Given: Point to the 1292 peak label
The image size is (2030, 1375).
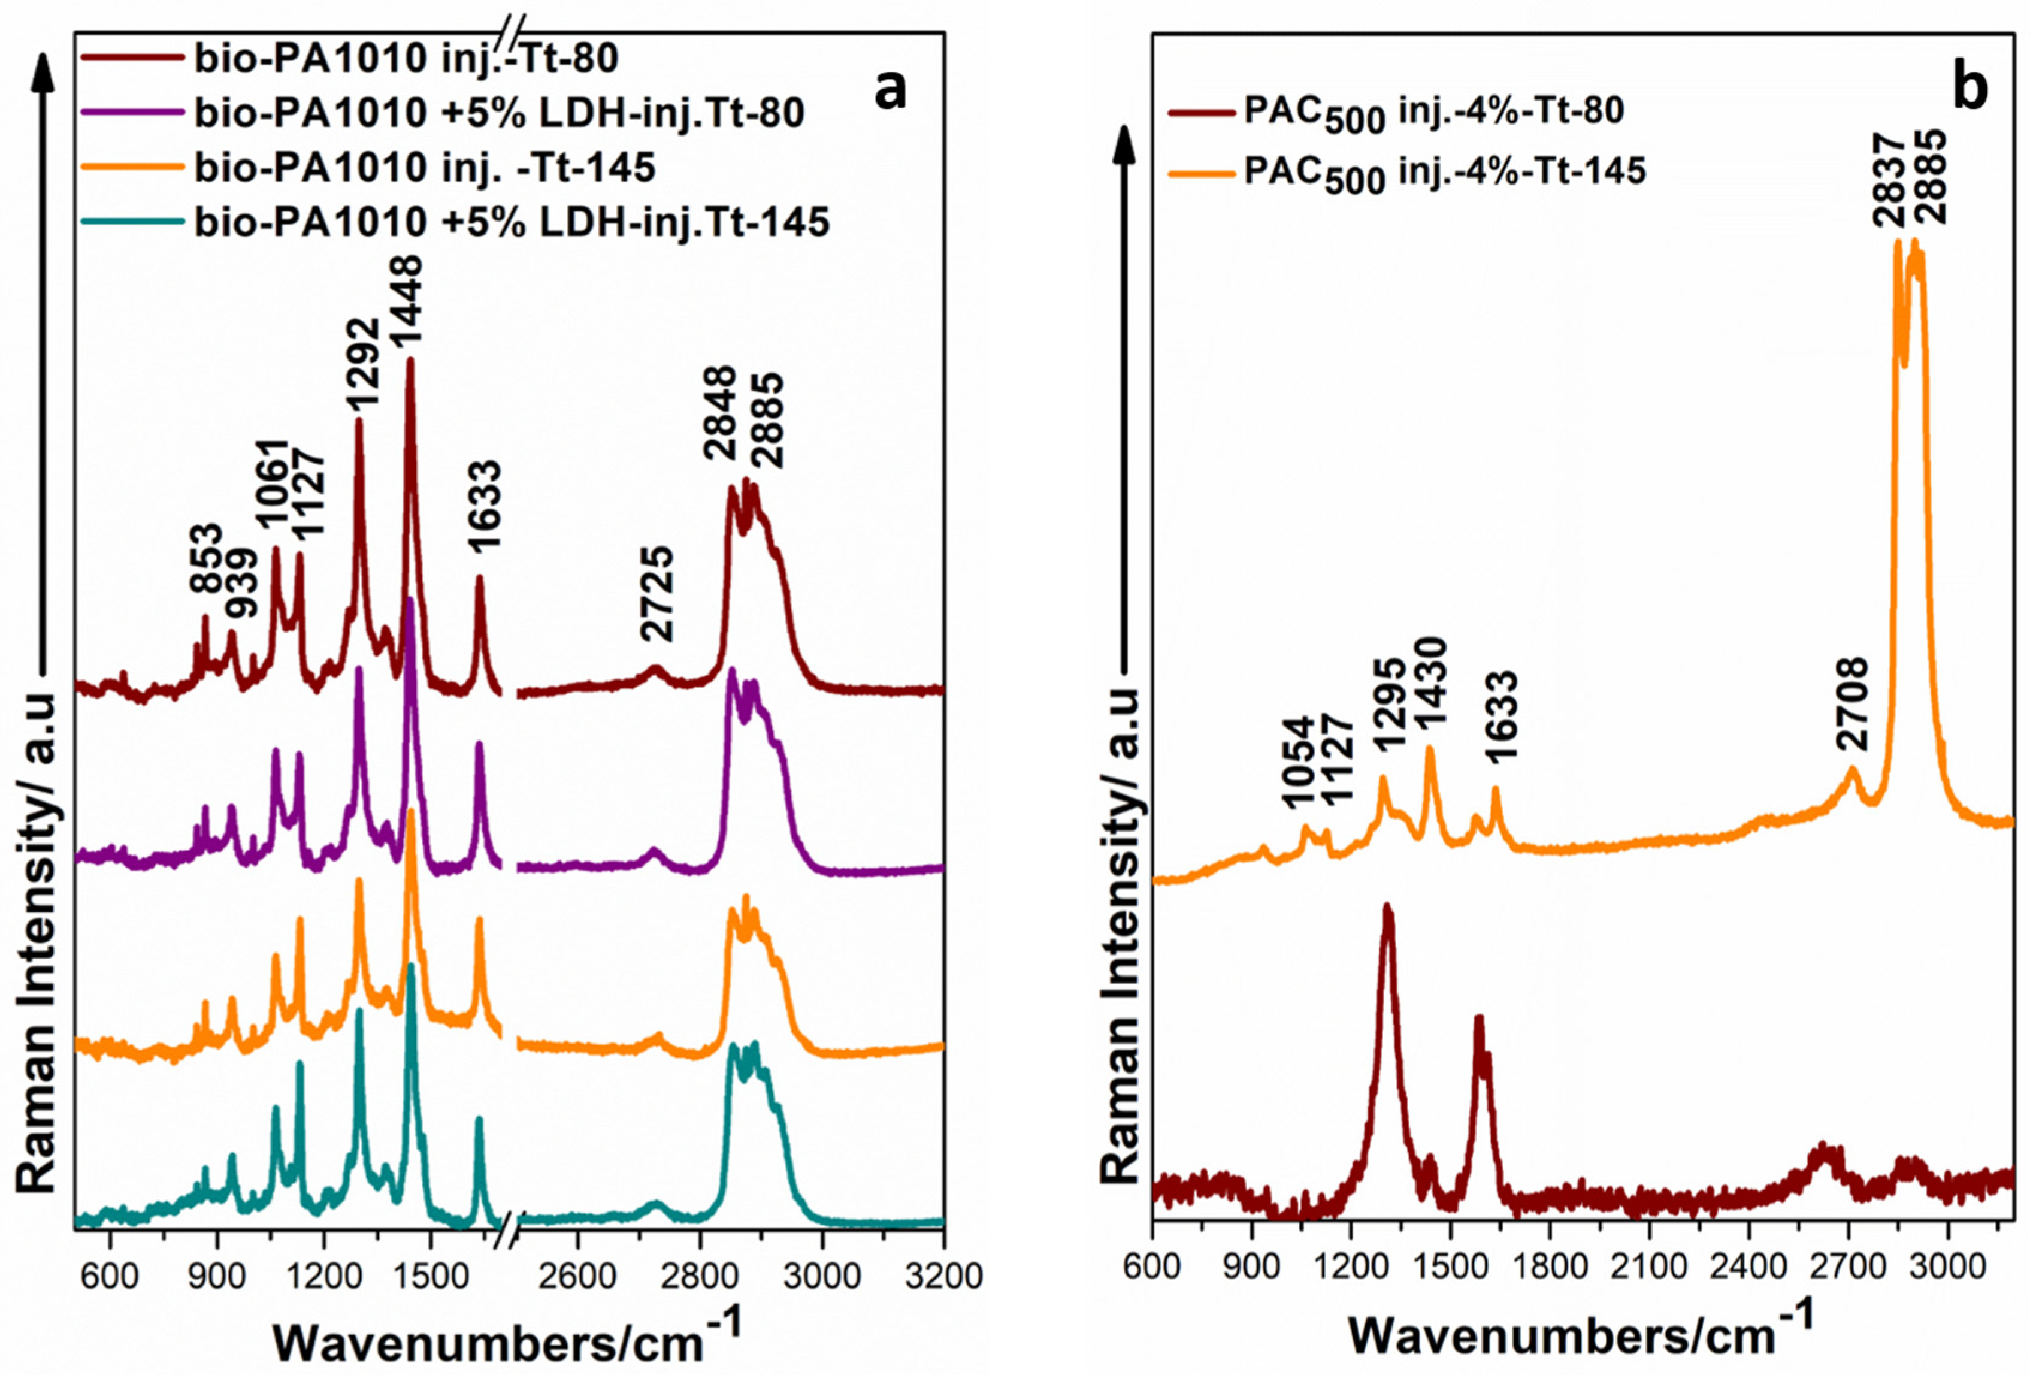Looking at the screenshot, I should (362, 364).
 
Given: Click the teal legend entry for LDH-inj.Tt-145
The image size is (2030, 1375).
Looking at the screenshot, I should (511, 223).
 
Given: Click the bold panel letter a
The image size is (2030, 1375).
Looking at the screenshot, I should (890, 89).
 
